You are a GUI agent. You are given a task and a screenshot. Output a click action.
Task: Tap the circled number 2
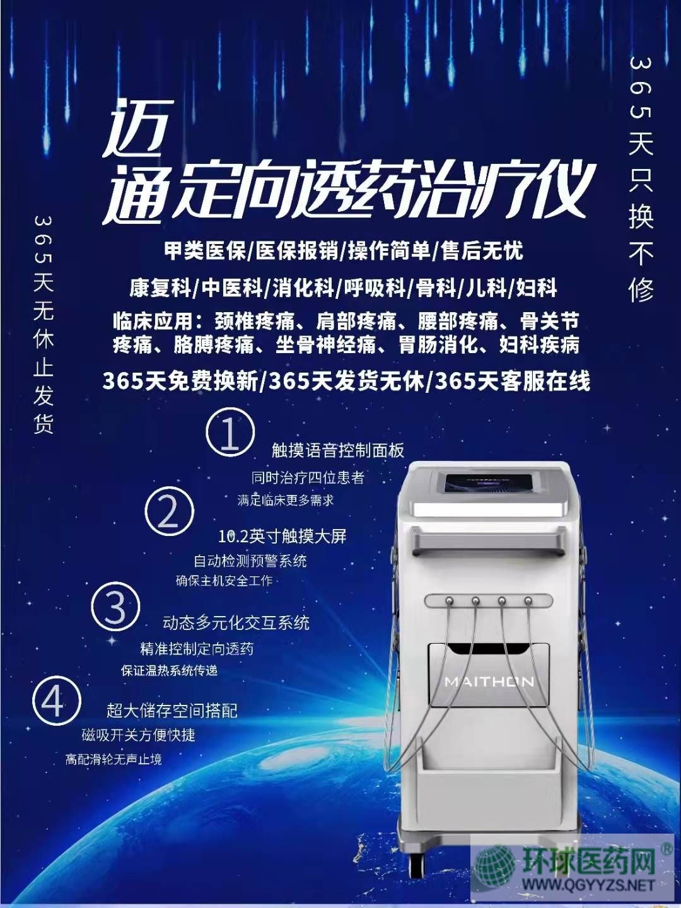click(x=170, y=512)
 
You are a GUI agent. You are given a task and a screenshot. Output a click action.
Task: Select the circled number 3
click(x=116, y=607)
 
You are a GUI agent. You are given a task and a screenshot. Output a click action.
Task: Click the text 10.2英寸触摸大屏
click(x=282, y=536)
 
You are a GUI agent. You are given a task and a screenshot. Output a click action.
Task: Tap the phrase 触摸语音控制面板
click(x=338, y=450)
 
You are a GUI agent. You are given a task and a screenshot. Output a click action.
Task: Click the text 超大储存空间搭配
click(x=172, y=710)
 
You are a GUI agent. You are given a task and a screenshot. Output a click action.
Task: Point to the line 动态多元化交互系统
click(x=236, y=622)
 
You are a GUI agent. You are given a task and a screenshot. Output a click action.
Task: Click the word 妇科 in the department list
click(x=536, y=288)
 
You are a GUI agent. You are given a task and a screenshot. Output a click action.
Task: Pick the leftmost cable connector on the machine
click(x=448, y=600)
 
